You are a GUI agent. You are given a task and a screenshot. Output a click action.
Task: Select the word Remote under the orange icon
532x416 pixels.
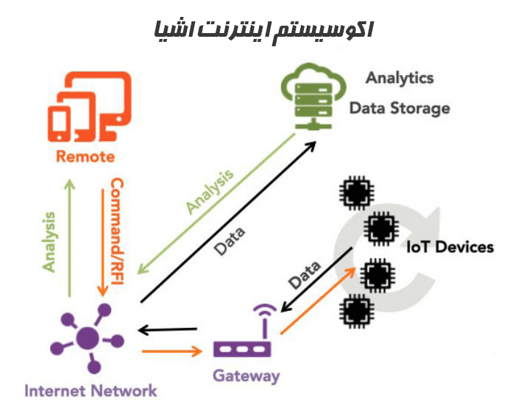pos(85,157)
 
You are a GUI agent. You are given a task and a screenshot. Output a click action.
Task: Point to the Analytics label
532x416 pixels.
pos(400,78)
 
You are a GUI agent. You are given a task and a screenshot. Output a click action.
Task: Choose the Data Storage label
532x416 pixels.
pos(399,108)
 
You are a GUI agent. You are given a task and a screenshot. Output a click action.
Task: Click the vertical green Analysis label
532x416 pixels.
pos(49,242)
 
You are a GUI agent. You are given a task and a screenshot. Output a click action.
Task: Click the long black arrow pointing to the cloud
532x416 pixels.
pos(228,220)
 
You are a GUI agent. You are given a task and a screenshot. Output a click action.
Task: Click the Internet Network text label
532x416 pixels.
pos(91,390)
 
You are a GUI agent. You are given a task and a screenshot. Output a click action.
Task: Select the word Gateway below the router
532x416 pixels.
pos(247,376)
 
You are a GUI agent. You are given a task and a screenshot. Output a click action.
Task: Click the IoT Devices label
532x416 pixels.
pos(450,247)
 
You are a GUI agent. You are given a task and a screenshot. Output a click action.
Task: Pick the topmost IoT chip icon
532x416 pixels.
pos(355,193)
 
